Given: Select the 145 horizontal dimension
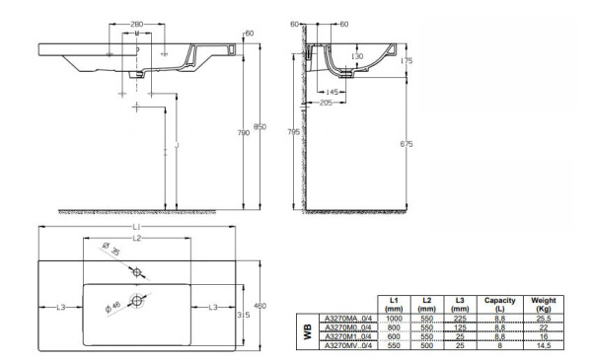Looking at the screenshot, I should pyautogui.click(x=333, y=92).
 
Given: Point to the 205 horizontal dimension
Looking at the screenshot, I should pyautogui.click(x=326, y=104).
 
